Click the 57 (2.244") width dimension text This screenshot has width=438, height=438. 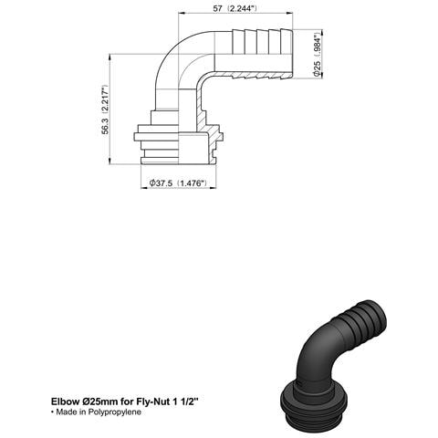pos(234,8)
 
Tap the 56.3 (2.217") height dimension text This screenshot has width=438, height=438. pos(105,109)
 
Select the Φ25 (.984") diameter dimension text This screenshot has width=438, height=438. pos(318,55)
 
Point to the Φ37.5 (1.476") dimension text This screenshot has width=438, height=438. pos(178,183)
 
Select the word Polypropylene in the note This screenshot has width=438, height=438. pos(115,412)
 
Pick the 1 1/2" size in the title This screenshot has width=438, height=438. pos(188,401)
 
